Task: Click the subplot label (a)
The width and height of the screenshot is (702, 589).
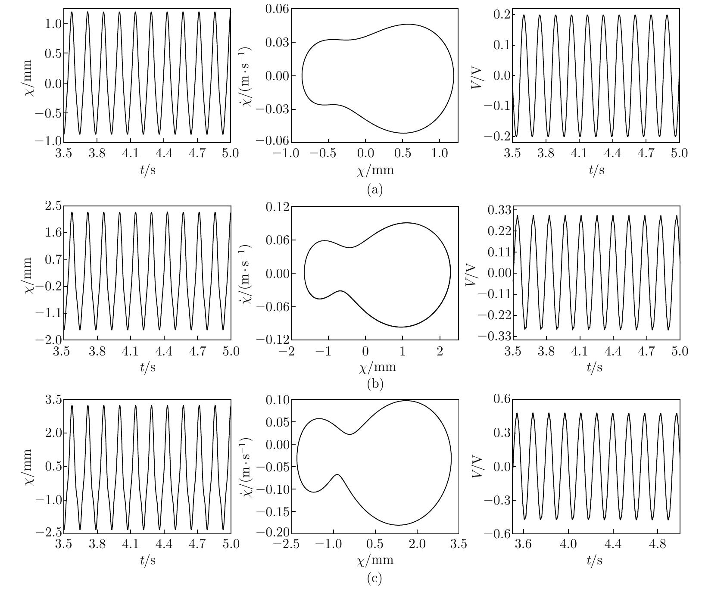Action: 374,189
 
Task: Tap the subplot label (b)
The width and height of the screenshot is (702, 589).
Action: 374,383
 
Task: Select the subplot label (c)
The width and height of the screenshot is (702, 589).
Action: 374,578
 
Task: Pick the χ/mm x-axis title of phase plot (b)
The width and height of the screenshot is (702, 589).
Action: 376,368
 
